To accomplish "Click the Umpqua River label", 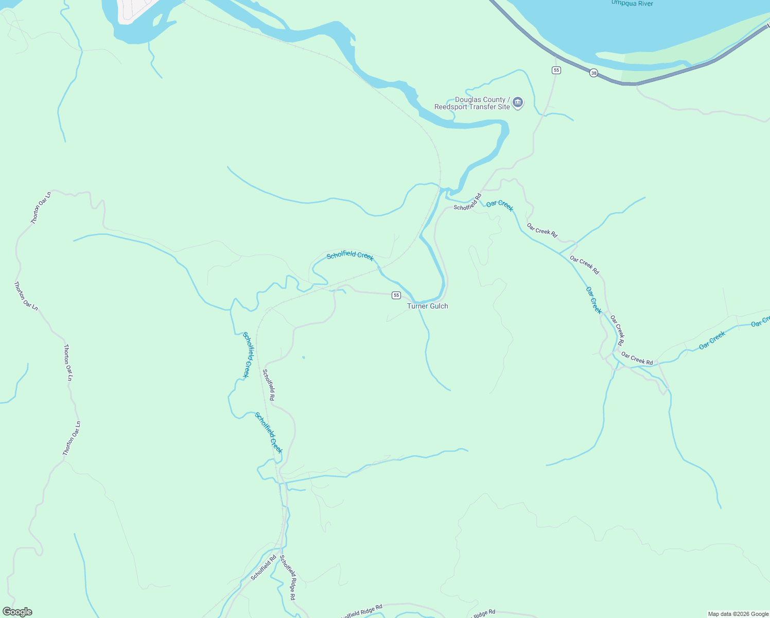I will tap(632, 4).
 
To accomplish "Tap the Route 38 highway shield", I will tap(594, 73).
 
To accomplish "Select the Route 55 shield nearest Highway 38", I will tap(556, 70).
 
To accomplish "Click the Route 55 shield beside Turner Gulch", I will tap(396, 295).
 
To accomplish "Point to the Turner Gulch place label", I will tap(427, 306).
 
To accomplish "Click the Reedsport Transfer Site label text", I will tap(472, 104).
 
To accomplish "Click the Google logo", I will tap(17, 612).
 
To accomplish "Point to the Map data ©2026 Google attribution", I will tap(738, 614).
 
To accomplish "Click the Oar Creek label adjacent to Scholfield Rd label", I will tap(500, 205).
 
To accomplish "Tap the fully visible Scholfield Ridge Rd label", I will tap(288, 577).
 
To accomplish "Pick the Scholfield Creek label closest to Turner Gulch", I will tap(350, 256).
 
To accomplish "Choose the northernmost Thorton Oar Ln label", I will tap(41, 208).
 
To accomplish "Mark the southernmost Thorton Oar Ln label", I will tap(72, 438).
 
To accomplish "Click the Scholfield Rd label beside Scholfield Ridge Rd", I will tap(264, 568).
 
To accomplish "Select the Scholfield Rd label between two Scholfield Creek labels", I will tap(269, 385).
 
